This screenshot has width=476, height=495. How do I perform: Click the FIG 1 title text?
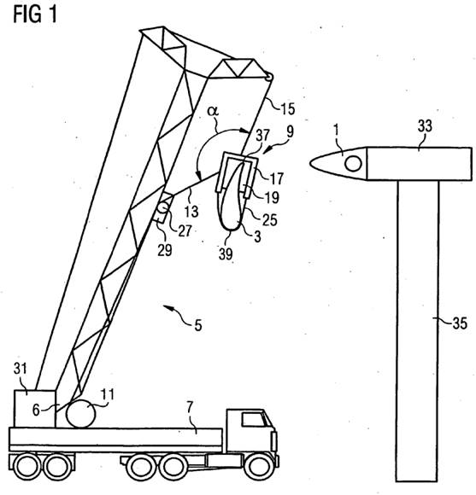[35, 15]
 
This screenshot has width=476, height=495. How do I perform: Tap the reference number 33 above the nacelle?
[425, 126]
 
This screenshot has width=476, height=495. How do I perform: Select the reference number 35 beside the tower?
[460, 323]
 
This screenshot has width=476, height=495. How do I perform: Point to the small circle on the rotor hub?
[353, 164]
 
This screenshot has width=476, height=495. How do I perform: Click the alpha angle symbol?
[213, 110]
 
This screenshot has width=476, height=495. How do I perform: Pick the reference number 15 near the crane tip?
[288, 109]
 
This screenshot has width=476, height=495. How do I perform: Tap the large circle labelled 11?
[81, 414]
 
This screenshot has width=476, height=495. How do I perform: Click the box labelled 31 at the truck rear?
[35, 409]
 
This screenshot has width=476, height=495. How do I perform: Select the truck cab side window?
[253, 420]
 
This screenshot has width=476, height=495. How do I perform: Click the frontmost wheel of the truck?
[260, 467]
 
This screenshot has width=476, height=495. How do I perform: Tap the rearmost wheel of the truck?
[26, 467]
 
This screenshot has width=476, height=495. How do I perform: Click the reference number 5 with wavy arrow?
[198, 325]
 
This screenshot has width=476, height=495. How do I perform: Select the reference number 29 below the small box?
[165, 250]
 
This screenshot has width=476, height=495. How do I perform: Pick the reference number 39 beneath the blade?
[226, 254]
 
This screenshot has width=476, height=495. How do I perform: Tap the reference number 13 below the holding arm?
[191, 211]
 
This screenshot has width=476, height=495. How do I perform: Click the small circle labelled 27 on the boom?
[163, 207]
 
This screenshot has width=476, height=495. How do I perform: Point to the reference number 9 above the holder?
[290, 131]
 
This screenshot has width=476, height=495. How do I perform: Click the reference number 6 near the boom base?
[37, 410]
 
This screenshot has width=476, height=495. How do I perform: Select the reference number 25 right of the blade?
[270, 220]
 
